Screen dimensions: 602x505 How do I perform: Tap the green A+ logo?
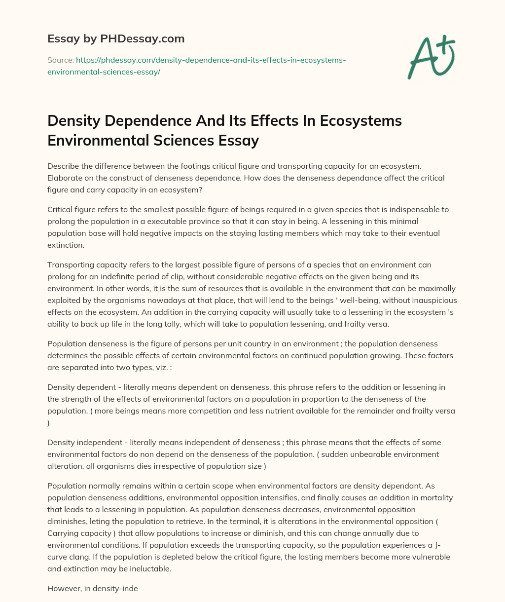click(431, 57)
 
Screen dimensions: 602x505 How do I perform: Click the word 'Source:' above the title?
click(60, 60)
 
